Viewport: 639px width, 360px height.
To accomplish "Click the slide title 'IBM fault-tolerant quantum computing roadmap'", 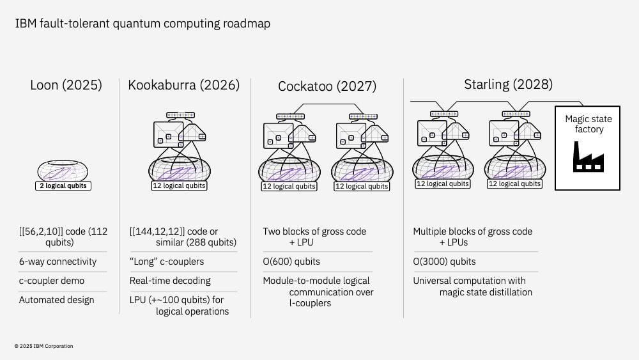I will click(142, 24).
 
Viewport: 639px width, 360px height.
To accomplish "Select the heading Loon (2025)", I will click(66, 85).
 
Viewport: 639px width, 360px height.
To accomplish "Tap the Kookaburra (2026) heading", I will click(184, 85).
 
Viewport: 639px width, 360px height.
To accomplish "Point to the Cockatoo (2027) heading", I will click(327, 86).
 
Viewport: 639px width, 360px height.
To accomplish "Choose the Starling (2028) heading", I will click(509, 84).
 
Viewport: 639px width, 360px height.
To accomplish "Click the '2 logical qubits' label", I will click(62, 186).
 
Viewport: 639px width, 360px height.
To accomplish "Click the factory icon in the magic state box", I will click(587, 157).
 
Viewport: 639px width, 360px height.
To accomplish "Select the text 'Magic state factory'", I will click(587, 124).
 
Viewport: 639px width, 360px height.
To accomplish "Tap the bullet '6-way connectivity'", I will click(58, 262).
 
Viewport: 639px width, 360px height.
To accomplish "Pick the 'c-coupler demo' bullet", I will click(51, 281).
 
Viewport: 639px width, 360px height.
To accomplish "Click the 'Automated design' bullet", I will click(57, 299).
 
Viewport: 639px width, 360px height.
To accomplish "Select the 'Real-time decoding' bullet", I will click(170, 281).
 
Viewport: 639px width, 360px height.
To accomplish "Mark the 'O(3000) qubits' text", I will click(444, 262).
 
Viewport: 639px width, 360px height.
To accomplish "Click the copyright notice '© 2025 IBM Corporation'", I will click(43, 346).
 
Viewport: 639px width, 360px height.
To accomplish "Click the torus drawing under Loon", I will click(62, 171).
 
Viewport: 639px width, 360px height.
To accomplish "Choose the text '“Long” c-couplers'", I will click(166, 262).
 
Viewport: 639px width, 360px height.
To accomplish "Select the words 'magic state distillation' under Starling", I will click(486, 293).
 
